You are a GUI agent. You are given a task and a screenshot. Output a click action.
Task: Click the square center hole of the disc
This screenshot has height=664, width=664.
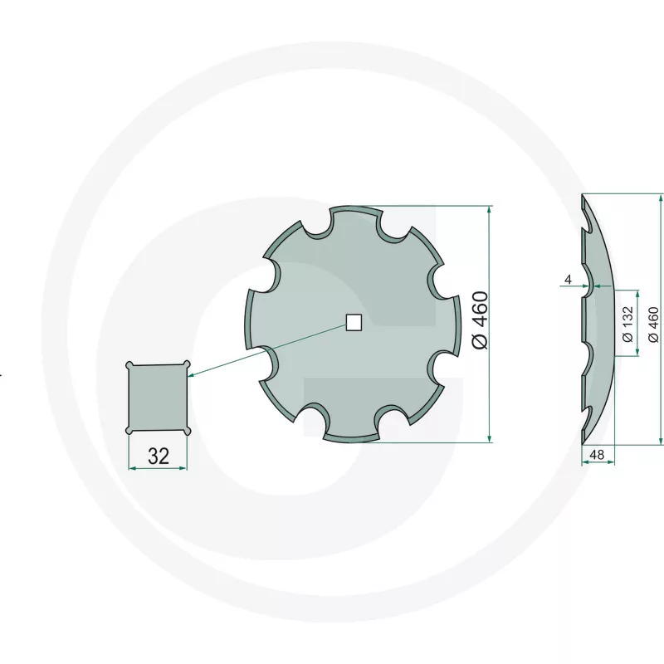click(x=354, y=322)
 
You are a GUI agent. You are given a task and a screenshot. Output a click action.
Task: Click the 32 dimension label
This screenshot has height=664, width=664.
click(x=159, y=456)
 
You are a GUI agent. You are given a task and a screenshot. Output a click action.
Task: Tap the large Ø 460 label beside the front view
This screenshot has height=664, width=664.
click(x=481, y=320)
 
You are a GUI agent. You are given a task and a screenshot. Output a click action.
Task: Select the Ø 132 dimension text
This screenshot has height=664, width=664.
click(x=628, y=324)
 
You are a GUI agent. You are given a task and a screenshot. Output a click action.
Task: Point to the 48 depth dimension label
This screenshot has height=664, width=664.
click(x=597, y=455)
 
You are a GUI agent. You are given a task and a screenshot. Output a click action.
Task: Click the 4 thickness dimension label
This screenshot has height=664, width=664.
click(x=568, y=280)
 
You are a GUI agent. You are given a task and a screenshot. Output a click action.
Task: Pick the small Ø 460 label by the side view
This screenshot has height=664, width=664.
click(x=654, y=325)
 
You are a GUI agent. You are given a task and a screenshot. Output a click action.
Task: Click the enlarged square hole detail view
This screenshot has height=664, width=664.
click(x=158, y=398)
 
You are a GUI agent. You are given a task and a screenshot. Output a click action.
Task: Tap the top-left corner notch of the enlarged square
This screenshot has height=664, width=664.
click(x=130, y=365)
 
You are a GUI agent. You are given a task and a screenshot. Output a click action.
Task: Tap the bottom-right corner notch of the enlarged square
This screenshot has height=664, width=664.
click(x=187, y=431)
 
